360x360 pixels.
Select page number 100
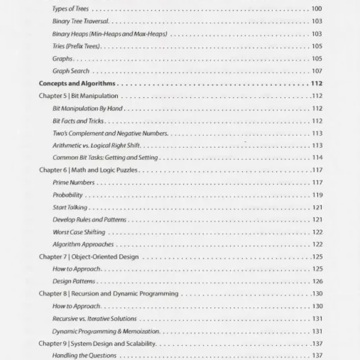click(317, 9)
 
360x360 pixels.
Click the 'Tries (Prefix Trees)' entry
click(76, 46)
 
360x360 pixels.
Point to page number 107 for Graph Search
click(317, 71)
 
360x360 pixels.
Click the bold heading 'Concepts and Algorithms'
click(77, 83)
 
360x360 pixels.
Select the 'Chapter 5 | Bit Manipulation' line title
click(79, 96)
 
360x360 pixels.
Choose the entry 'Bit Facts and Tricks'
click(78, 121)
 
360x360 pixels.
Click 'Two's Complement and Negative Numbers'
click(110, 133)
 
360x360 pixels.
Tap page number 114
click(317, 157)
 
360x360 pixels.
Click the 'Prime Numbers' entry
click(74, 183)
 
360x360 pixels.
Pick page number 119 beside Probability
click(317, 195)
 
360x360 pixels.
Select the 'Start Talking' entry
click(70, 207)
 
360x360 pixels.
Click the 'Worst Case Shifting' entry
click(79, 232)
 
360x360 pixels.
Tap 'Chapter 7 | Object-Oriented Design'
click(89, 257)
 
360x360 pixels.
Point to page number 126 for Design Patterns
click(317, 282)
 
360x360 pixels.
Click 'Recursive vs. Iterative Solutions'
click(94, 319)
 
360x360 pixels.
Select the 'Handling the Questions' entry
click(85, 355)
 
